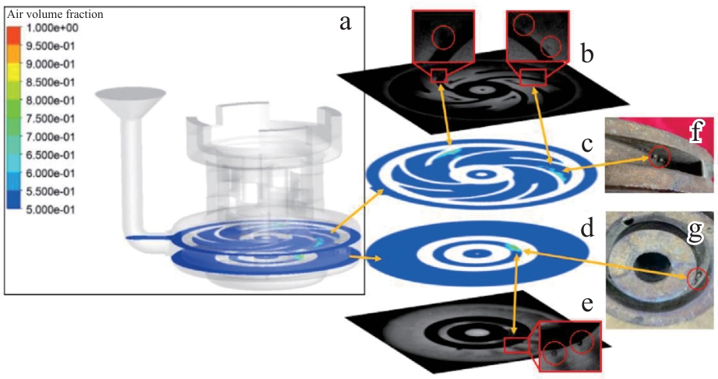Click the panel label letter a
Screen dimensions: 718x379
click(345, 22)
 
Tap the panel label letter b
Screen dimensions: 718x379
click(586, 53)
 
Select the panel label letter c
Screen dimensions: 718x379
click(587, 144)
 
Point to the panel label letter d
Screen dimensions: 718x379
click(587, 227)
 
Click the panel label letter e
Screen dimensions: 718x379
click(587, 304)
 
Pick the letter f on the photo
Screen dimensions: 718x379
click(696, 132)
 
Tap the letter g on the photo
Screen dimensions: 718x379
click(695, 230)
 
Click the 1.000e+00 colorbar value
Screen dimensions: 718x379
click(51, 28)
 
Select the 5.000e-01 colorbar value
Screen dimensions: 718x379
click(51, 210)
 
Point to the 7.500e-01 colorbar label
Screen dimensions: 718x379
click(51, 119)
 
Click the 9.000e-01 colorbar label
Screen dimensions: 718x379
click(51, 65)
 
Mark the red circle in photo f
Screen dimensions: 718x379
click(660, 157)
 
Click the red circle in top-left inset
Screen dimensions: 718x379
click(443, 37)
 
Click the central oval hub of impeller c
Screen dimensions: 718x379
click(480, 174)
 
